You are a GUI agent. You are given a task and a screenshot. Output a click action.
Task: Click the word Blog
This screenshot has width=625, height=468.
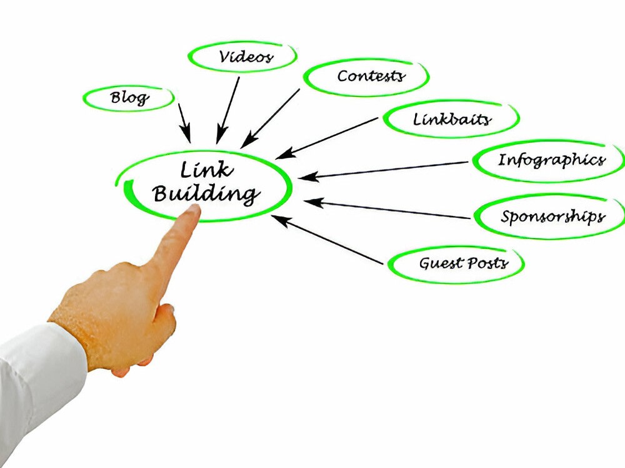pyautogui.click(x=129, y=98)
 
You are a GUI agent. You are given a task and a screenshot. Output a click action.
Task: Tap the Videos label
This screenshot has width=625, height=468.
pyautogui.click(x=246, y=57)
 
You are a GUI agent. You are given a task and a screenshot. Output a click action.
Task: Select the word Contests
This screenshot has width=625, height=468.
pyautogui.click(x=371, y=76)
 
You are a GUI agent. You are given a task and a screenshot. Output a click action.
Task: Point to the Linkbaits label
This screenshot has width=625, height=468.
pyautogui.click(x=452, y=119)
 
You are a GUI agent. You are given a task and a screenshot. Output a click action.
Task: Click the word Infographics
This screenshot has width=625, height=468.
pyautogui.click(x=552, y=160)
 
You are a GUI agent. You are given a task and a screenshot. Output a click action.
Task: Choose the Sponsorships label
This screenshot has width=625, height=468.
pyautogui.click(x=553, y=217)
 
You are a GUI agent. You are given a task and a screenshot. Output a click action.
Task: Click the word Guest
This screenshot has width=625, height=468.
pyautogui.click(x=441, y=263)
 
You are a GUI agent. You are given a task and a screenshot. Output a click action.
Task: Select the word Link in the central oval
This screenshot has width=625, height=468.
pyautogui.click(x=206, y=170)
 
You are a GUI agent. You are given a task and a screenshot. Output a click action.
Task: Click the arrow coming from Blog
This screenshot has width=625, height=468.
pyautogui.click(x=184, y=123)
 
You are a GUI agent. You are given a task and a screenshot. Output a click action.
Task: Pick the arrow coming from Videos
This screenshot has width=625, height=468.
pyautogui.click(x=228, y=110)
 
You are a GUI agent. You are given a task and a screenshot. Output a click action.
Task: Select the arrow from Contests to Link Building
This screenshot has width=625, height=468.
pyautogui.click(x=270, y=118)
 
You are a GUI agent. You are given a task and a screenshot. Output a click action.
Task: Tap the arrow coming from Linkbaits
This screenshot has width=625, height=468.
pyautogui.click(x=327, y=138)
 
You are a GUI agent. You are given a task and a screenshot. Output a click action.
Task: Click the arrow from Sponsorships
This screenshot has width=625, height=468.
pyautogui.click(x=387, y=209)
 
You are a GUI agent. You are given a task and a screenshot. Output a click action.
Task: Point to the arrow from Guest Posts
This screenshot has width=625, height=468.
pyautogui.click(x=327, y=240)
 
